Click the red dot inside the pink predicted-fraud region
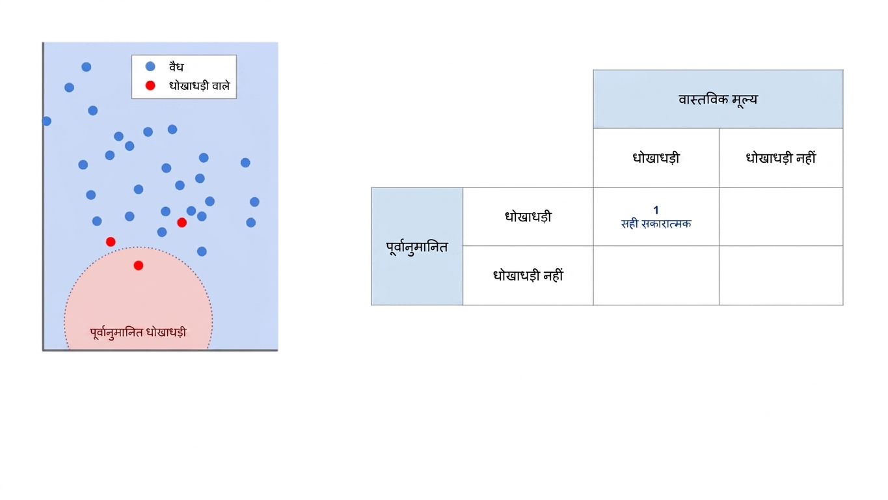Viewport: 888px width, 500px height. click(x=139, y=266)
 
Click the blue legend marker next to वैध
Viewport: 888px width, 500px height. click(x=150, y=66)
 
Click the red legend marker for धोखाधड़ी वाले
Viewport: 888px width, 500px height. click(x=150, y=85)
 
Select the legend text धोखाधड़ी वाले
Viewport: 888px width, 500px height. click(x=200, y=85)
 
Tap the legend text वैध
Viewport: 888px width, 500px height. click(x=176, y=66)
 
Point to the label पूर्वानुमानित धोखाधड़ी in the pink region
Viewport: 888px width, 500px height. click(x=139, y=332)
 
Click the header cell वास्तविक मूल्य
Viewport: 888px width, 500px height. click(x=718, y=99)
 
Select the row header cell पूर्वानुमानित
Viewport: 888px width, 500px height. click(x=417, y=247)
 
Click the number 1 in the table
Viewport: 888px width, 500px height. click(x=656, y=210)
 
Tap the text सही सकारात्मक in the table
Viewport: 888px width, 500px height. click(x=656, y=224)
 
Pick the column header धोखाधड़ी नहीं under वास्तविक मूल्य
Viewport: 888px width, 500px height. click(x=781, y=158)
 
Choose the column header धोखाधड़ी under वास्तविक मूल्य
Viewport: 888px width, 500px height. click(x=656, y=158)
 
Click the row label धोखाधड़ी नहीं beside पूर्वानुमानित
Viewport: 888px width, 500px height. click(x=528, y=275)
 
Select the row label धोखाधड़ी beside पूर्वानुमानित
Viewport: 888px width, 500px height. click(x=528, y=217)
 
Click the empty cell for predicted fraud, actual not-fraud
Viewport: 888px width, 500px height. click(x=781, y=217)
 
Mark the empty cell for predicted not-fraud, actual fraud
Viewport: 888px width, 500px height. click(x=656, y=275)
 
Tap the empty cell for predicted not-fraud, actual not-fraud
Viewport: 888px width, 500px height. click(x=781, y=275)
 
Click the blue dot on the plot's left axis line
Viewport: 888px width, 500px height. click(x=46, y=121)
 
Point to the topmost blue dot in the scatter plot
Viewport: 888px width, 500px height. click(x=87, y=66)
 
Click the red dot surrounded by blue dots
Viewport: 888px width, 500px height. click(x=182, y=223)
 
